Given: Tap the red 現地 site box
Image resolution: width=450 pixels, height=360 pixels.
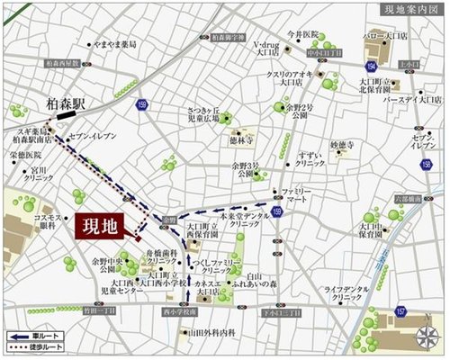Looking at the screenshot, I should [x=100, y=226].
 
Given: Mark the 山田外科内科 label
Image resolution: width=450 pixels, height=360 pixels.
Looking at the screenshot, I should [x=211, y=331].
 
